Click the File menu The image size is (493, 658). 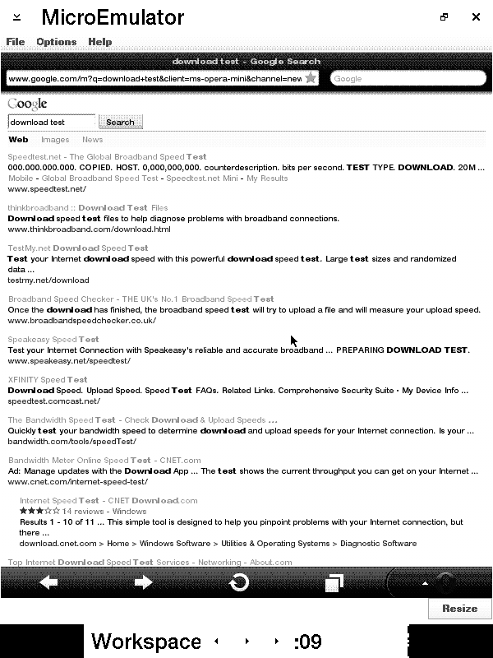pos(15,42)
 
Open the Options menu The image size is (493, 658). pos(56,42)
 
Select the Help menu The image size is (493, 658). pos(99,42)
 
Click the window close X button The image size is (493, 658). pos(476,16)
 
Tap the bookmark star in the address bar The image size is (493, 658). pos(311,78)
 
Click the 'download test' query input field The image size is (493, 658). pos(52,123)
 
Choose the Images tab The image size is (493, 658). pos(55,140)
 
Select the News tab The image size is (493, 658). pos(92,140)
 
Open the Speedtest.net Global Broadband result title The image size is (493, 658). pos(107,156)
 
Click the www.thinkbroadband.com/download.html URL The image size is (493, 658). pos(89,229)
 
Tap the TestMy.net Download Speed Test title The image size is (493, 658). pos(78,248)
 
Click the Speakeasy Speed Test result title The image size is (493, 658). pos(53,339)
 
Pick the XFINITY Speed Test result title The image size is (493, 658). pos(48,379)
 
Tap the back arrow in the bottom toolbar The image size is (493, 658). pos(48,582)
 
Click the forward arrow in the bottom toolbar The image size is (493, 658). pos(143,582)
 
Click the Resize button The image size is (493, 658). pos(459,609)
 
